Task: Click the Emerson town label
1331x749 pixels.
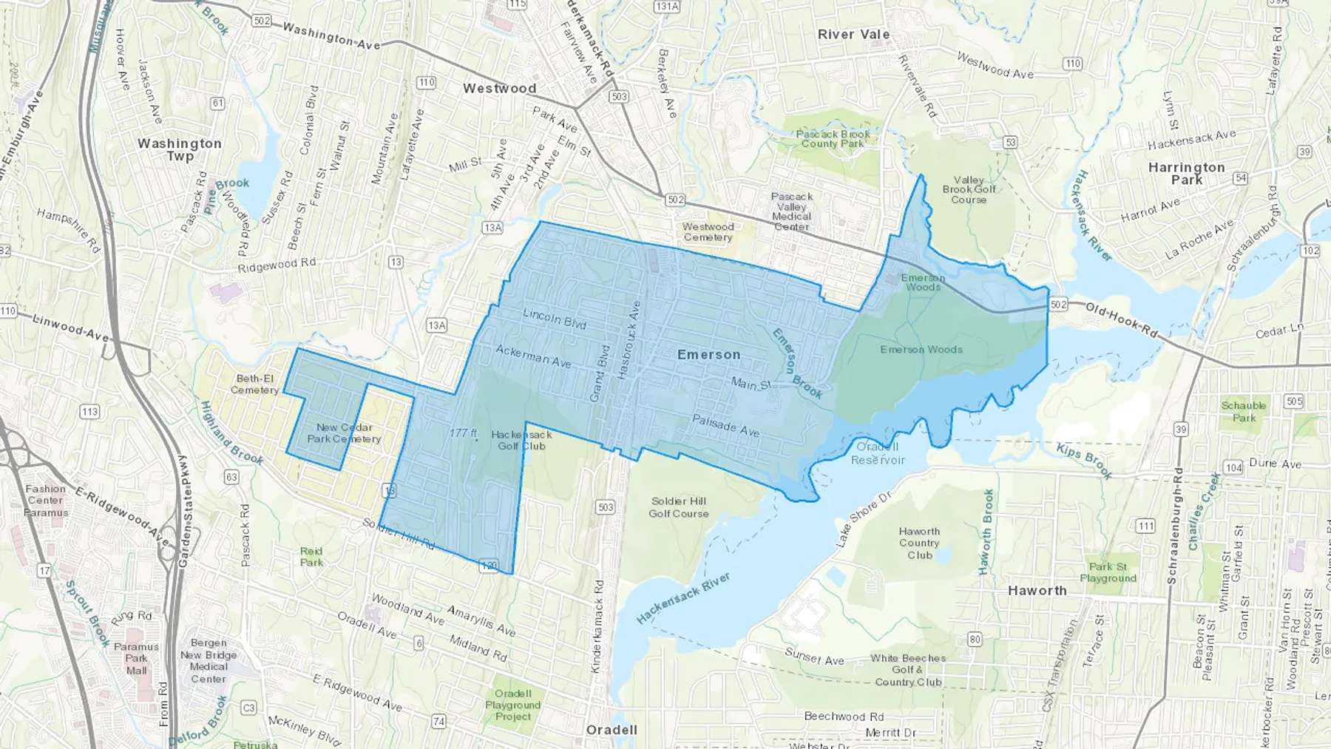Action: tap(708, 355)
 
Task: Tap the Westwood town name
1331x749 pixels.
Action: tap(499, 89)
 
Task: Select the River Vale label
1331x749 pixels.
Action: tap(853, 35)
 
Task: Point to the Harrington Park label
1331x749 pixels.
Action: tap(1186, 174)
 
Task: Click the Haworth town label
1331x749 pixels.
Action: tap(1037, 591)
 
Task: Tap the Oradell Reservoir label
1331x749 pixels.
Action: tap(878, 453)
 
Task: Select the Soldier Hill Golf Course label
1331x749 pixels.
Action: tap(678, 507)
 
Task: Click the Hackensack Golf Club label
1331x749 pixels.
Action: tap(521, 441)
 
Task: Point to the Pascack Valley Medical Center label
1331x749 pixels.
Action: tap(791, 211)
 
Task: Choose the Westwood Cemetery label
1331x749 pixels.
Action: tap(708, 232)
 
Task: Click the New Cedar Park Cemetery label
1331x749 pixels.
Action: tap(344, 433)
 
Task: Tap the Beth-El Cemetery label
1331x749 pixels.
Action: tap(254, 384)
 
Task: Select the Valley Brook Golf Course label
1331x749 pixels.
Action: tap(969, 190)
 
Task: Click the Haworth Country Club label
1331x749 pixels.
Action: tap(919, 543)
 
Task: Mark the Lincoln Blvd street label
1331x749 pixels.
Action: tap(554, 319)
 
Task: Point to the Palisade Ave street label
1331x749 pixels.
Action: tap(725, 425)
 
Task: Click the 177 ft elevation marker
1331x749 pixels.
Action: tap(464, 433)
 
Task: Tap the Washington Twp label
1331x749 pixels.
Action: tap(180, 149)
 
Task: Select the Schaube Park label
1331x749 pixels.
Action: tap(1243, 412)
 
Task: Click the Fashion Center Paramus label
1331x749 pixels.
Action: tap(46, 501)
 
